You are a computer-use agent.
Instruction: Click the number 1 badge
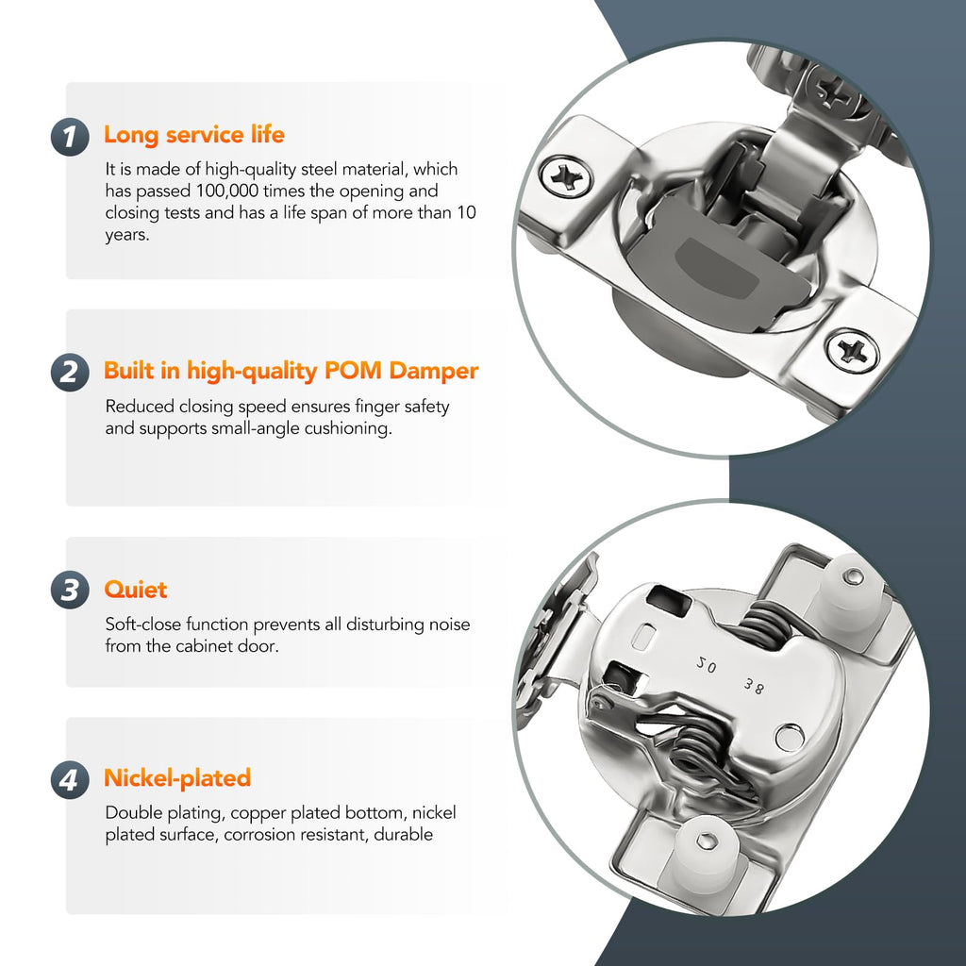[70, 137]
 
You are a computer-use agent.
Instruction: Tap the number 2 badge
[70, 372]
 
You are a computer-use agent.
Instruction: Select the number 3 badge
[70, 590]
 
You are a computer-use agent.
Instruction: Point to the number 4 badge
[70, 779]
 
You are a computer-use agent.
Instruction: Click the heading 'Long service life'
[194, 135]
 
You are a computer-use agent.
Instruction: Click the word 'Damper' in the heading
[434, 371]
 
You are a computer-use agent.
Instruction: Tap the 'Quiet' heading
[136, 590]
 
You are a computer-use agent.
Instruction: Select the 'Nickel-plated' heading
[177, 778]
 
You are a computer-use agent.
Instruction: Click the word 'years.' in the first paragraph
[127, 235]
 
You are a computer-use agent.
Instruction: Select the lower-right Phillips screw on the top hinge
[852, 350]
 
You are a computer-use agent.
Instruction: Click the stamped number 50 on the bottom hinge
[706, 664]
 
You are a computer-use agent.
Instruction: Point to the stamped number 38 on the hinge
[754, 686]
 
